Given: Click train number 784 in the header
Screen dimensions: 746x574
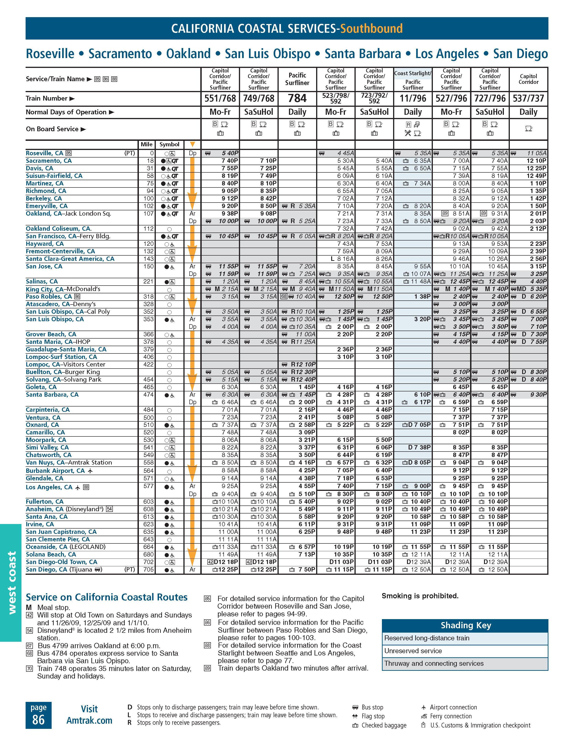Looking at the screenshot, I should tap(297, 98).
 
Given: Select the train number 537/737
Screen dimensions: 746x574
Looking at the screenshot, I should tap(528, 98).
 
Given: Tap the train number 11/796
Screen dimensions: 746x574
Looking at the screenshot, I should tap(413, 98).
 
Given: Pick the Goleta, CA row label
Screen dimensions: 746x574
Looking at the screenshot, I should tap(41, 387).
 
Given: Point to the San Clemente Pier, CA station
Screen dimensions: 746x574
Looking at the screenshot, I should tap(58, 539).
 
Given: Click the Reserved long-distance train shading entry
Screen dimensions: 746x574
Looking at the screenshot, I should tap(427, 638).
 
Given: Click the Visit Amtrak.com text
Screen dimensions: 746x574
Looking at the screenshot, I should tap(89, 715).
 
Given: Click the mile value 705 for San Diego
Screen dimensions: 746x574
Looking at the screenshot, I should tap(148, 570).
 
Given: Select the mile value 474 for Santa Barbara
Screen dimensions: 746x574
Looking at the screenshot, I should tap(148, 395).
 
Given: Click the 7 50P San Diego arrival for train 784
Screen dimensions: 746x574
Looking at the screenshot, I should tap(307, 570).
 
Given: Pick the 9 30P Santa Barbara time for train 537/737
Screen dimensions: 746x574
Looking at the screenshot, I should tap(538, 395).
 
